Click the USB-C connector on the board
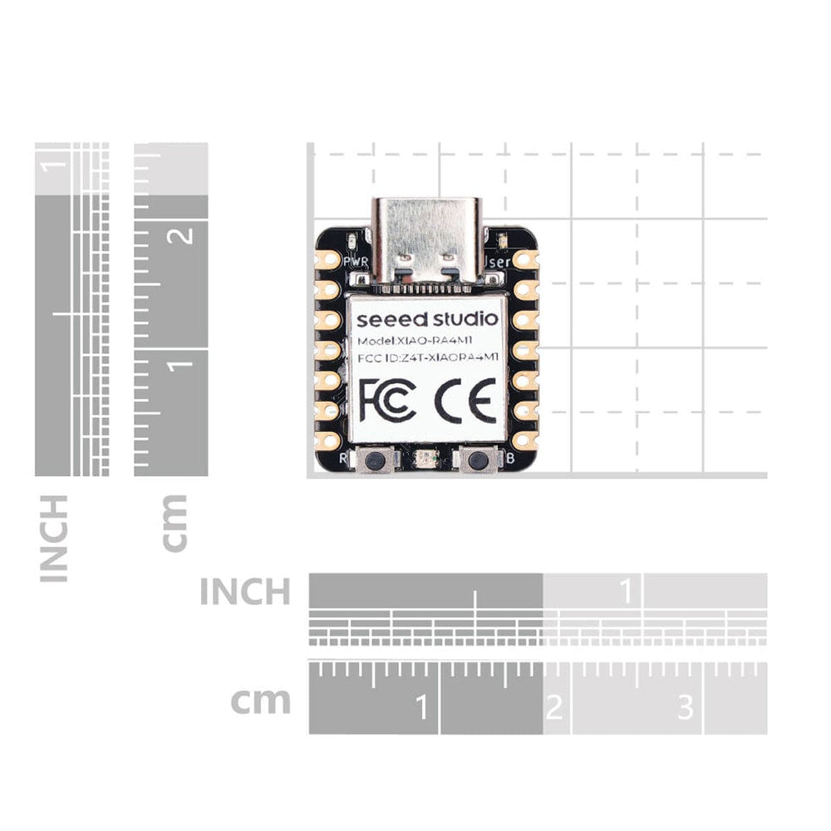pyautogui.click(x=425, y=239)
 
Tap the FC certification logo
pyautogui.click(x=387, y=400)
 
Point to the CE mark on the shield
pyautogui.click(x=465, y=400)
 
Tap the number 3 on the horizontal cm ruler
pyautogui.click(x=685, y=707)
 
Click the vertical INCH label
pyautogui.click(x=54, y=538)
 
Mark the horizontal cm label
pyautogui.click(x=261, y=701)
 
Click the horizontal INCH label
pyautogui.click(x=245, y=592)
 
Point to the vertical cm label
pyautogui.click(x=175, y=523)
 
